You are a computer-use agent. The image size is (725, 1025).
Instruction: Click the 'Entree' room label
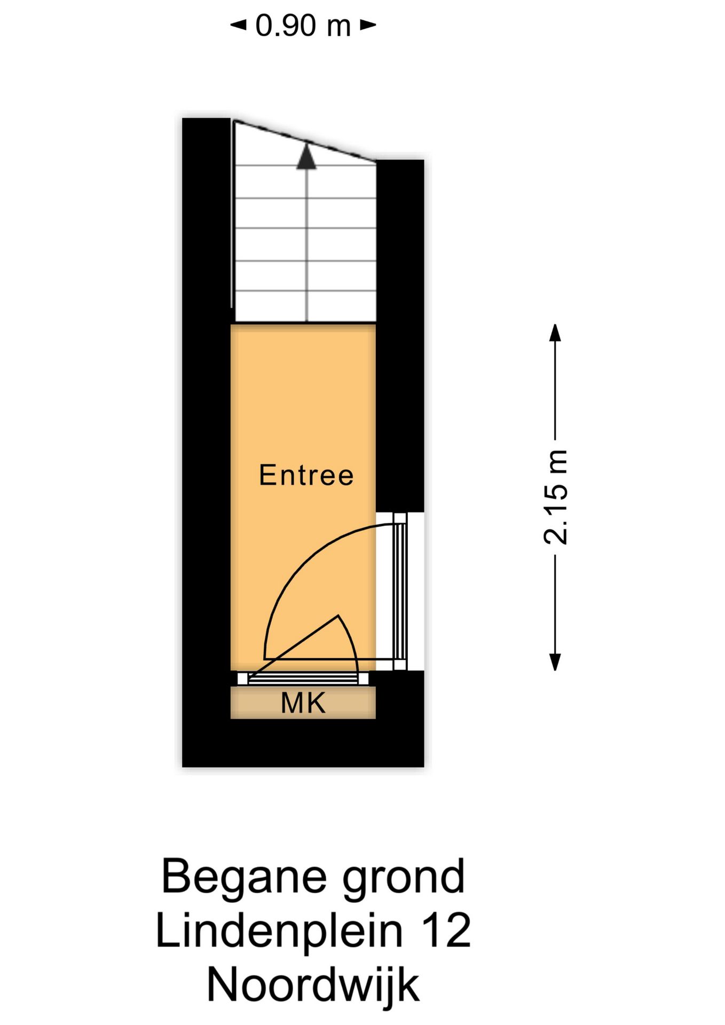[x=306, y=475]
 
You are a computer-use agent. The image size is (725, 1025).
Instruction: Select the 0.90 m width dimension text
[x=303, y=25]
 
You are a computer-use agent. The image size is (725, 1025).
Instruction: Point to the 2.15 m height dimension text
[x=555, y=497]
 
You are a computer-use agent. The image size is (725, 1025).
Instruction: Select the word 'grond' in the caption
[x=404, y=877]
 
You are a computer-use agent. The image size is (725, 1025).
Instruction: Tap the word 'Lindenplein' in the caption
[x=279, y=931]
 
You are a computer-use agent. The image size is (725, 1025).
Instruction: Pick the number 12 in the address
[x=446, y=931]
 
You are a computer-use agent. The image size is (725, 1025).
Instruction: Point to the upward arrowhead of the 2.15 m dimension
[x=555, y=332]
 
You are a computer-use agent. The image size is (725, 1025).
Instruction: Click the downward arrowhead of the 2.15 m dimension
[x=555, y=662]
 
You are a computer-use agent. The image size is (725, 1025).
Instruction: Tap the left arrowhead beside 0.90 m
[x=238, y=25]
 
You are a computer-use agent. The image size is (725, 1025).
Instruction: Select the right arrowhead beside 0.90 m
[x=368, y=25]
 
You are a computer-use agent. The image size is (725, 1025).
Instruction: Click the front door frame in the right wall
[x=400, y=592]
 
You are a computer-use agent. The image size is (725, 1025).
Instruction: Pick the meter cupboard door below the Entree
[x=303, y=679]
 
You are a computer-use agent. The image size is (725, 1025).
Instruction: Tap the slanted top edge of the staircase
[x=305, y=140]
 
